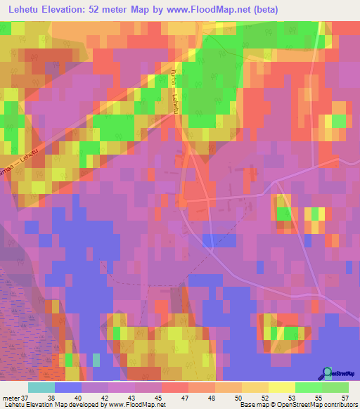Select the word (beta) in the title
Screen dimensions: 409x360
(x=264, y=10)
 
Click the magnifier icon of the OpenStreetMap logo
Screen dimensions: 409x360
(x=328, y=372)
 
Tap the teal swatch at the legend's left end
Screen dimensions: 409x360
(x=41, y=387)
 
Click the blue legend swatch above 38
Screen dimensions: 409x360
(x=68, y=387)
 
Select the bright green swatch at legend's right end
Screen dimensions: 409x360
(x=335, y=387)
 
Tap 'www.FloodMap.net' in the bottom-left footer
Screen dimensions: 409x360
(x=131, y=405)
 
